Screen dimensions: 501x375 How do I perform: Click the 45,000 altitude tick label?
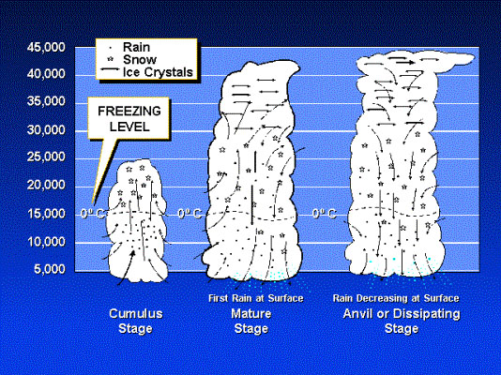tap(46, 47)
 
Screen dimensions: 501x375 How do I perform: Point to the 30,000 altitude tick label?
tap(46, 130)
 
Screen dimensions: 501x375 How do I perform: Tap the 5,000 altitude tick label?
tap(49, 269)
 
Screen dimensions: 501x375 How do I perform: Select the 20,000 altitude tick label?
tap(46, 185)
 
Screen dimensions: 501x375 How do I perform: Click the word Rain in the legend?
tap(136, 47)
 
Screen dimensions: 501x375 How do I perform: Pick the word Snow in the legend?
tap(140, 60)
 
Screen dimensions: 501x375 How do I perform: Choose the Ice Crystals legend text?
tap(158, 72)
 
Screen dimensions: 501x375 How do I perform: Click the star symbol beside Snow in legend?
tap(111, 59)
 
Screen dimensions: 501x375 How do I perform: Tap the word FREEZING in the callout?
tap(129, 111)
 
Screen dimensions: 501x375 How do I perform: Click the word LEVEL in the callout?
tap(129, 127)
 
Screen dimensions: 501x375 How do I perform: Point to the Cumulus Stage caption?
tap(135, 321)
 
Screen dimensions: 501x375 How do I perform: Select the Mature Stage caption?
tap(251, 321)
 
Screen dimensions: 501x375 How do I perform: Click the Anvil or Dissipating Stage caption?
tap(402, 321)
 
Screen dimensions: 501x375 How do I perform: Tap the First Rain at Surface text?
tap(255, 298)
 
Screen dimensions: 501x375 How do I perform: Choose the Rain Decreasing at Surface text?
tap(396, 298)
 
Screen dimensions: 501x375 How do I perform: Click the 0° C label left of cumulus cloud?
tap(92, 213)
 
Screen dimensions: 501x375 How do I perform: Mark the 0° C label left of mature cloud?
tap(190, 213)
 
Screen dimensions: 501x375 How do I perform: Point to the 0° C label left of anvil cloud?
tap(325, 213)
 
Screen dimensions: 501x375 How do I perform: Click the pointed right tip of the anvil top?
tap(474, 57)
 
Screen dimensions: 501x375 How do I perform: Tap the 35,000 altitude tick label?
tap(46, 101)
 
